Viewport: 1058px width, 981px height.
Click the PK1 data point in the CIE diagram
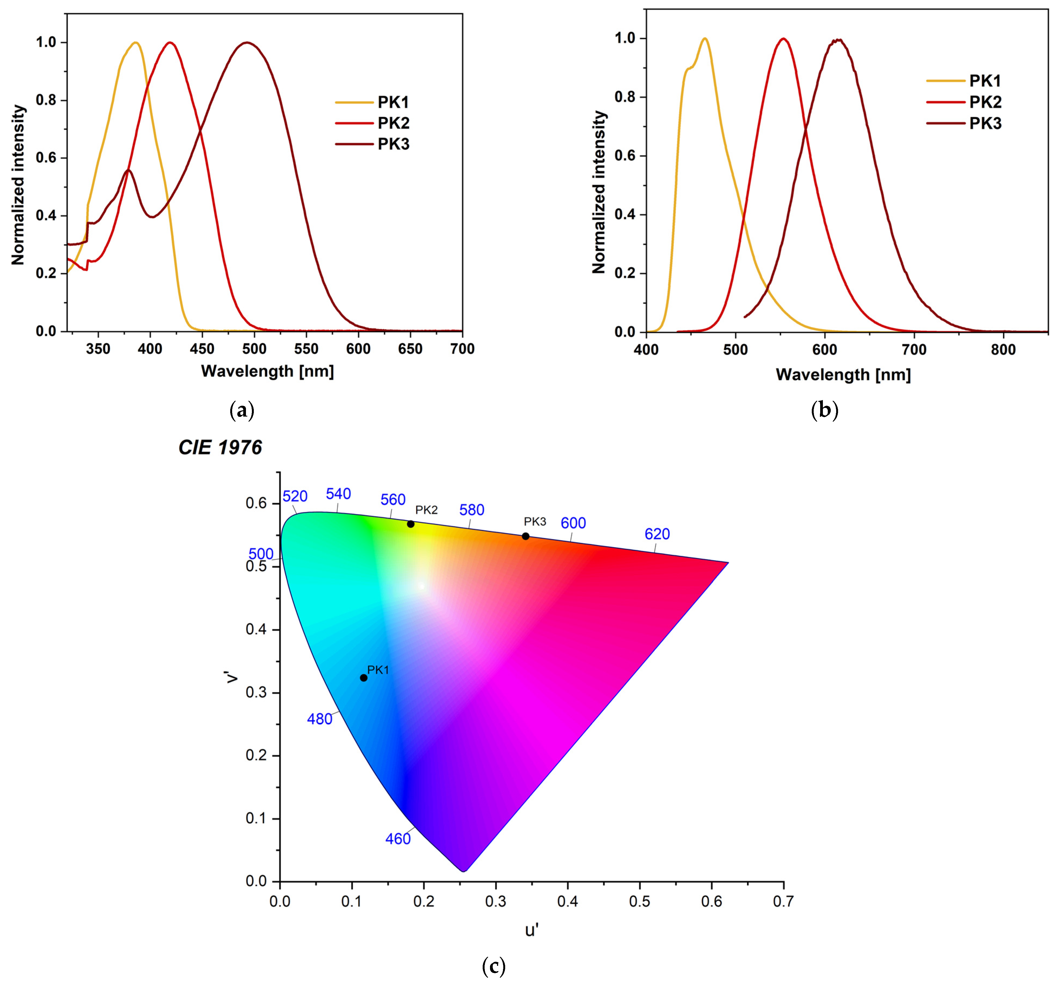click(x=364, y=678)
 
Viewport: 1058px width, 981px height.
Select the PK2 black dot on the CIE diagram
click(x=410, y=524)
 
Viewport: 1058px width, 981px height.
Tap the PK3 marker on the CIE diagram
click(x=525, y=536)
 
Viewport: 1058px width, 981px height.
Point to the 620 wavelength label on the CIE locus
click(x=657, y=534)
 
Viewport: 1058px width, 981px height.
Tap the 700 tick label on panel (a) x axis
click(x=462, y=349)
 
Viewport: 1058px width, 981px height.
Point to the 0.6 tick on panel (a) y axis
click(x=46, y=158)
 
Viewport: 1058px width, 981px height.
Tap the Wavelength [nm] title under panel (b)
click(x=843, y=375)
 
